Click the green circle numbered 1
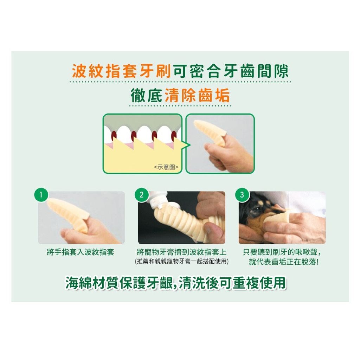pyautogui.click(x=41, y=195)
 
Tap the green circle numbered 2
pyautogui.click(x=141, y=195)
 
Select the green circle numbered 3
pyautogui.click(x=242, y=195)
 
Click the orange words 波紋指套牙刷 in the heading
pyautogui.click(x=121, y=71)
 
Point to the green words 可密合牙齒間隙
pyautogui.click(x=231, y=71)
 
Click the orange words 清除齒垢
pyautogui.click(x=197, y=95)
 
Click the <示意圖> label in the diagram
pyautogui.click(x=166, y=167)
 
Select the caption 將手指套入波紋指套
pyautogui.click(x=81, y=252)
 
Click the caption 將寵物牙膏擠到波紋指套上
pyautogui.click(x=182, y=252)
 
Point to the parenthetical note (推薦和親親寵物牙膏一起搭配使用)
pyautogui.click(x=182, y=261)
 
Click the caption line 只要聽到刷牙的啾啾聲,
pyautogui.click(x=282, y=252)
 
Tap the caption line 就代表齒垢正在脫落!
pyautogui.click(x=284, y=262)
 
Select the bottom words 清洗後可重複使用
pyautogui.click(x=232, y=283)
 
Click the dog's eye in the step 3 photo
pyautogui.click(x=257, y=208)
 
